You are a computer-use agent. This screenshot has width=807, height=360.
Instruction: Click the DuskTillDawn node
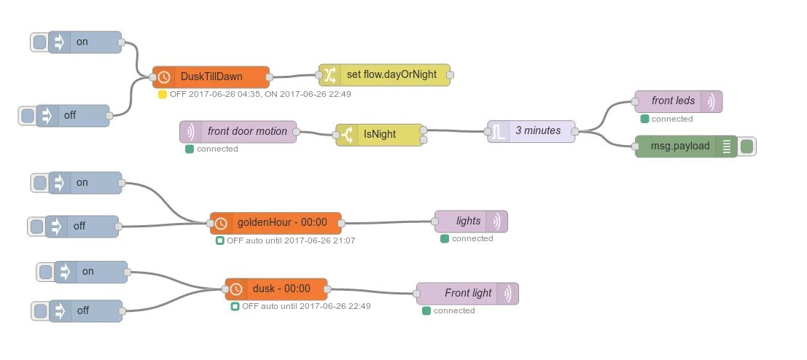tap(211, 77)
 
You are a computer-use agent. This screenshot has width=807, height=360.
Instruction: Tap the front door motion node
tap(238, 132)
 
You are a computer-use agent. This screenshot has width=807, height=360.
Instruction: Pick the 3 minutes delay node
tap(531, 131)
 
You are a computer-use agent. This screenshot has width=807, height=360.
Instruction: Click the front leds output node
tap(678, 101)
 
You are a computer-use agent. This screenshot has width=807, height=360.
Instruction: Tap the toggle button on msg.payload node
tap(747, 146)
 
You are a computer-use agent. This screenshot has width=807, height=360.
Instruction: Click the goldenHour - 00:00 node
tap(276, 223)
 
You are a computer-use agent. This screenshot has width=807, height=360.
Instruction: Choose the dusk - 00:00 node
tap(276, 289)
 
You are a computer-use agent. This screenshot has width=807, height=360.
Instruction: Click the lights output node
tap(471, 221)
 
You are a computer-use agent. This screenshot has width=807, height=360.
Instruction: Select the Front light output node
tap(467, 293)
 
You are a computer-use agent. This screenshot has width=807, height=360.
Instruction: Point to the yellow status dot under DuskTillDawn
tap(163, 94)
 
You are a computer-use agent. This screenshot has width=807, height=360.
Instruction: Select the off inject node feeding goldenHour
tap(80, 226)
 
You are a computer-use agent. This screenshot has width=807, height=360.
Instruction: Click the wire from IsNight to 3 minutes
tap(456, 131)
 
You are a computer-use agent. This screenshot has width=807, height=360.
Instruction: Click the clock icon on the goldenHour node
tap(221, 223)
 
